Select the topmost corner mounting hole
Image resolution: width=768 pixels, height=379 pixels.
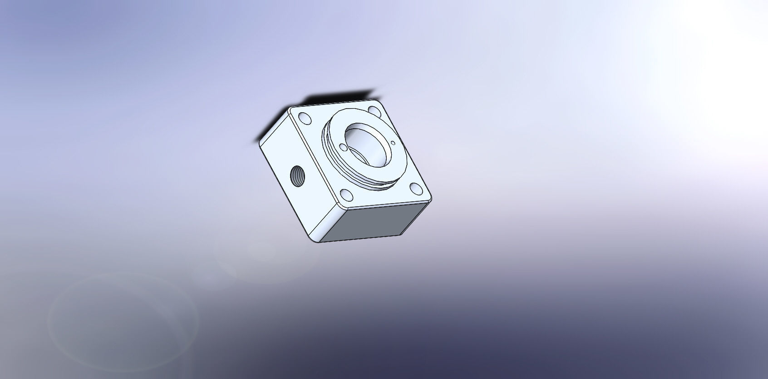click(374, 110)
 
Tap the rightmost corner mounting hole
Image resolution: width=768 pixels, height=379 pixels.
click(415, 188)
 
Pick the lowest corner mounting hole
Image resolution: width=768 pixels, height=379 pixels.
click(346, 196)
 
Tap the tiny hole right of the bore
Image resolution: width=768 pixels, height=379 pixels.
click(394, 143)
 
